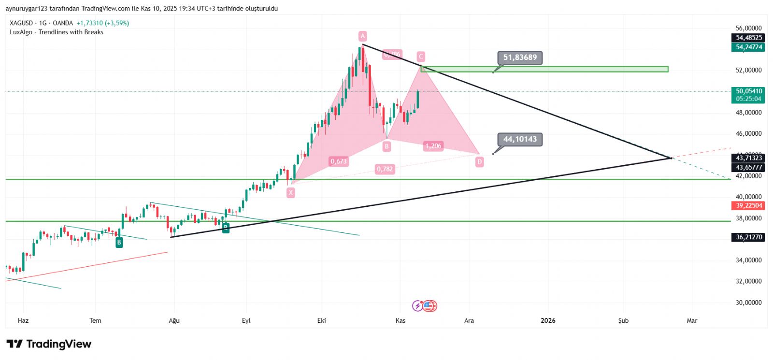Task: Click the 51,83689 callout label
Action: click(520, 58)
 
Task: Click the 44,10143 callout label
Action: click(520, 139)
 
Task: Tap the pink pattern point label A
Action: click(363, 36)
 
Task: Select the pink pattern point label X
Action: click(290, 192)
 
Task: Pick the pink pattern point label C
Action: click(421, 57)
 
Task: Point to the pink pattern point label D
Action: click(479, 162)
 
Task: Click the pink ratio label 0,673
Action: click(339, 161)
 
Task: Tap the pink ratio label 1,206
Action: click(433, 146)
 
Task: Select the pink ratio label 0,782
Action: click(385, 169)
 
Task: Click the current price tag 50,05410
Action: click(748, 91)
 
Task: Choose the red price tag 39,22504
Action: click(748, 205)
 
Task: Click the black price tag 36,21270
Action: click(748, 237)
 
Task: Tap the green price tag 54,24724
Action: click(748, 47)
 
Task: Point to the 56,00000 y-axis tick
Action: click(748, 28)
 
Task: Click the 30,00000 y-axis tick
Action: click(748, 302)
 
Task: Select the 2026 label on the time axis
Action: click(548, 320)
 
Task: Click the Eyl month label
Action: click(246, 320)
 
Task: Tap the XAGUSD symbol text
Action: click(21, 23)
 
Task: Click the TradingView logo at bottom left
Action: click(49, 344)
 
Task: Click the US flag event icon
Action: click(429, 305)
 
